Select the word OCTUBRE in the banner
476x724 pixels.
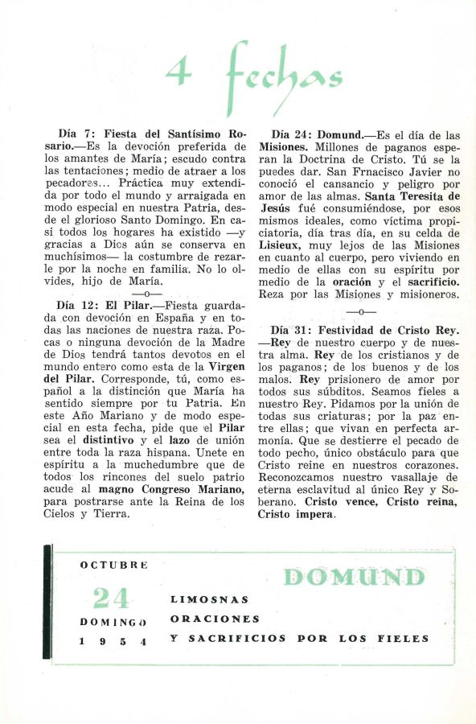[113, 565]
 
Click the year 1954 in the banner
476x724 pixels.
[113, 641]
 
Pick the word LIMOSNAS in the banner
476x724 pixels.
[209, 599]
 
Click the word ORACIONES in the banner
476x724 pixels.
[215, 619]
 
